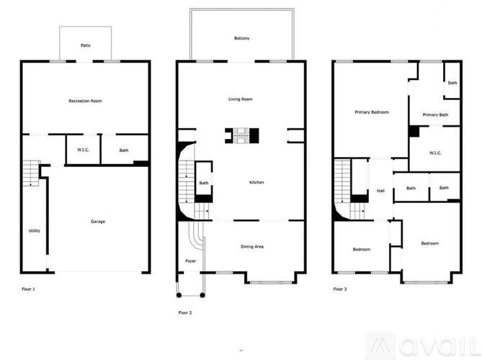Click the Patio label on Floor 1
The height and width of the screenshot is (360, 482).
pyautogui.click(x=85, y=45)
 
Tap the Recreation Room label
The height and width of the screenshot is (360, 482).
pyautogui.click(x=85, y=101)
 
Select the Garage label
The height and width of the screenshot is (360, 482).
pyautogui.click(x=98, y=221)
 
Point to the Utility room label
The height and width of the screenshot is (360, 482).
pyautogui.click(x=35, y=230)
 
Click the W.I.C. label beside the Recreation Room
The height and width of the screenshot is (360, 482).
pyautogui.click(x=82, y=150)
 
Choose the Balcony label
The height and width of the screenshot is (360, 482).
pyautogui.click(x=242, y=38)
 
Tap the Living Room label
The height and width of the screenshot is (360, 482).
pyautogui.click(x=241, y=99)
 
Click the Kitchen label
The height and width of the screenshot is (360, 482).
pyautogui.click(x=256, y=182)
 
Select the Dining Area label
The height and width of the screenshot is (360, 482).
pyautogui.click(x=251, y=247)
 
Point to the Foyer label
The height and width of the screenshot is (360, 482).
pyautogui.click(x=190, y=261)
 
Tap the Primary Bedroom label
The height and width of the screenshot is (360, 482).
pyautogui.click(x=371, y=112)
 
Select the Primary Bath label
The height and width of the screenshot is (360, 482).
pyautogui.click(x=435, y=115)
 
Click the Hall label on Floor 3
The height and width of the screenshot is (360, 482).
pyautogui.click(x=380, y=191)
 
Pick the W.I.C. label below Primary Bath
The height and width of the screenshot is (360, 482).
pyautogui.click(x=434, y=153)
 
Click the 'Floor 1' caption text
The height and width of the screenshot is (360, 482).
pyautogui.click(x=28, y=289)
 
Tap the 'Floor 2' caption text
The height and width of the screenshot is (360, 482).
pyautogui.click(x=184, y=312)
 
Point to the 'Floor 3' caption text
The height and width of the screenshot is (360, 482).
pyautogui.click(x=340, y=289)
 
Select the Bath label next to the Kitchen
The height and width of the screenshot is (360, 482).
pyautogui.click(x=204, y=183)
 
